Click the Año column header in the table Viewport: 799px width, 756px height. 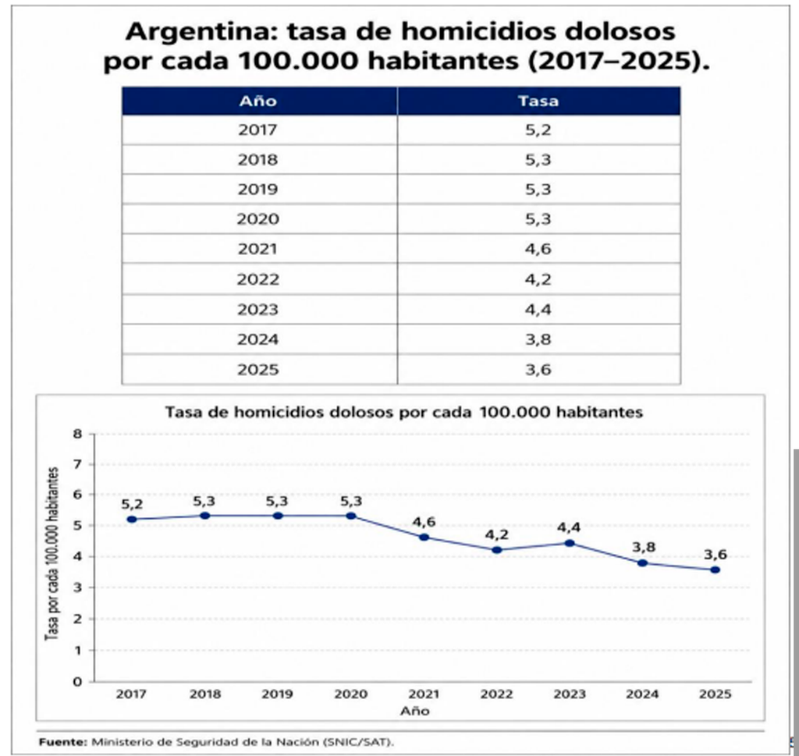tap(257, 101)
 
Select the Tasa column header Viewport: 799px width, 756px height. tap(538, 101)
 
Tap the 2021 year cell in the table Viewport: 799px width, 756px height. tap(257, 249)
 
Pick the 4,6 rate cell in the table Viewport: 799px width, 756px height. tap(538, 249)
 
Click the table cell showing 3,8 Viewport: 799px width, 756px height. tap(538, 339)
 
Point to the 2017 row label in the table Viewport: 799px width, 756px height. tap(257, 130)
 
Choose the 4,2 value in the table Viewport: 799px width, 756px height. tap(538, 279)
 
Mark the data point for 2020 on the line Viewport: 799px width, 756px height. tap(351, 516)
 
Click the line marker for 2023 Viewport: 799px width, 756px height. tap(570, 543)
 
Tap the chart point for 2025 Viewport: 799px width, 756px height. tap(716, 570)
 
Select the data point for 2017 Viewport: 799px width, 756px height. tap(131, 519)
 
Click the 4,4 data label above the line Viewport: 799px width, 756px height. tap(569, 527)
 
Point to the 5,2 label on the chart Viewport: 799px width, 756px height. tap(132, 504)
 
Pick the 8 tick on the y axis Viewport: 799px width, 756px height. tap(77, 434)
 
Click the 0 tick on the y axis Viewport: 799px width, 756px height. tap(77, 682)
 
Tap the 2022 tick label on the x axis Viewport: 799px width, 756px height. tap(497, 694)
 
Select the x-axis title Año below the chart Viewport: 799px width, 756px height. tap(414, 711)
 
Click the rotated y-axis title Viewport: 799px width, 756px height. tap(51, 554)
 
